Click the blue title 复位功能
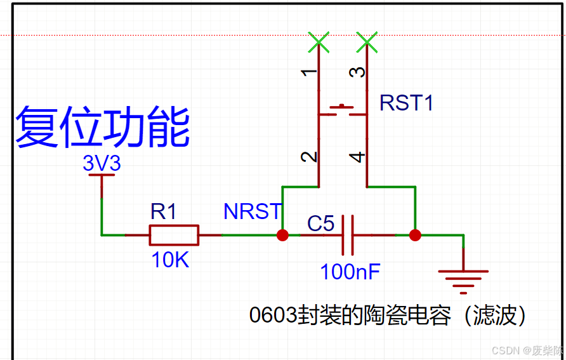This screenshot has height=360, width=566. point(102,128)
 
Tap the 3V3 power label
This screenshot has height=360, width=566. point(102,164)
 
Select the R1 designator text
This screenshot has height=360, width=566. point(163,211)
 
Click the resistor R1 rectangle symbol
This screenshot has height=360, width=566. point(174,235)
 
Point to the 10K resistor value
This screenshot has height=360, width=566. point(170,259)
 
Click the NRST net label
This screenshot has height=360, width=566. point(252,211)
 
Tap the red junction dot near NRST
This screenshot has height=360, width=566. point(282,235)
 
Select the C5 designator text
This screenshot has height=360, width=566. point(320,223)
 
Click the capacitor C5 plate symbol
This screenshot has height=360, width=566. point(347,235)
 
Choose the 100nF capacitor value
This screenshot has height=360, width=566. point(350,272)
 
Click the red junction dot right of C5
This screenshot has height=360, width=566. point(415,235)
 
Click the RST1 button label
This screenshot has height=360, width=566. point(406,103)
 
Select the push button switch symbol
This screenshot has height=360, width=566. point(343,112)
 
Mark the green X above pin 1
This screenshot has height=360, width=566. point(319,43)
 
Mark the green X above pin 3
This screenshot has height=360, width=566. point(367,43)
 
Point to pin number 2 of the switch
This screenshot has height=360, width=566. point(310,157)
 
